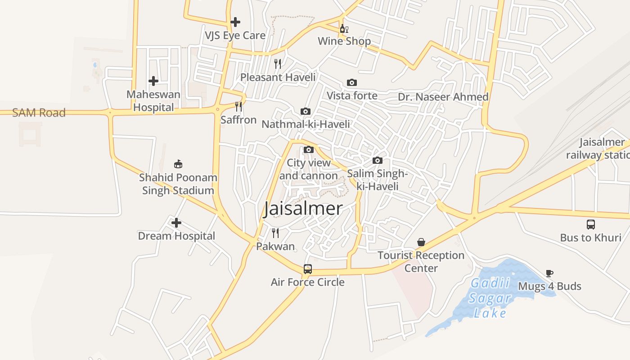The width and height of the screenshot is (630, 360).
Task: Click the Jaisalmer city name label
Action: [303, 209]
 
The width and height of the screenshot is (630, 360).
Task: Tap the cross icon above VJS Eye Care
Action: [235, 22]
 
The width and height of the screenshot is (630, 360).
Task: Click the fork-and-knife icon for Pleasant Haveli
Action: [278, 64]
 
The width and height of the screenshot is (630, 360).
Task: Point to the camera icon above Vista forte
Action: [352, 82]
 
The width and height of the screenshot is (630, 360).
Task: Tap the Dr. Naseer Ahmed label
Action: [443, 97]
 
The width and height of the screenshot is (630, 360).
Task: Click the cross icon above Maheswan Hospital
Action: [153, 81]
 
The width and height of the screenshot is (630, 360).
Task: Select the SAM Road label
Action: [39, 112]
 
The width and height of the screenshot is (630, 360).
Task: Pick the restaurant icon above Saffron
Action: [238, 107]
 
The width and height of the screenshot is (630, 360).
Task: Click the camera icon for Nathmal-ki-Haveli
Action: [305, 111]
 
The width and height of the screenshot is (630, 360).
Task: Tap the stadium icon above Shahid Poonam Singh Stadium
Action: [178, 164]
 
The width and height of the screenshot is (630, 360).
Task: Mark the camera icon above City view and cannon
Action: [308, 149]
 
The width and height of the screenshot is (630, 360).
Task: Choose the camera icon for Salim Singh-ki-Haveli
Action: [378, 160]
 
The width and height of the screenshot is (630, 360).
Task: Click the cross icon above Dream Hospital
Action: [176, 223]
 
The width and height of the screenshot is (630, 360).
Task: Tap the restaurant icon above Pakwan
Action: [275, 233]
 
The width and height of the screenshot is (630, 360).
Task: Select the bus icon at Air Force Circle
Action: [308, 269]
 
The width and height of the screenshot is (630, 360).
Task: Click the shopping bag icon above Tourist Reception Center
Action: [421, 242]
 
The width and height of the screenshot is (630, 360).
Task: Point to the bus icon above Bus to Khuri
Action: [590, 224]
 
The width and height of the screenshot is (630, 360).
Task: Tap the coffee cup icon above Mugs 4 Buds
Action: [549, 273]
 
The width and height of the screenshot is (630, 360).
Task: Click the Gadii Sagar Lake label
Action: [490, 298]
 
